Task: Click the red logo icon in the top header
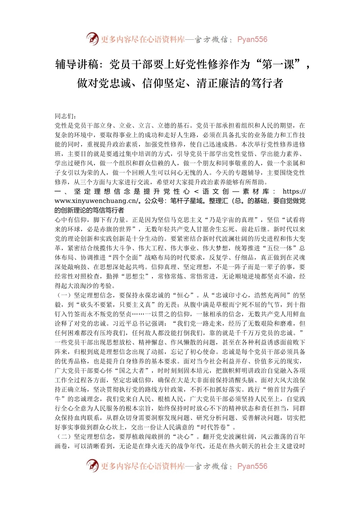(92, 39)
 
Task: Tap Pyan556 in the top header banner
(252, 39)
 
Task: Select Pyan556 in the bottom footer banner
(252, 466)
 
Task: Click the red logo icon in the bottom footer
(92, 466)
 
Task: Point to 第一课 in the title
(278, 65)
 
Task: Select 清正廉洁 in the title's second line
(218, 83)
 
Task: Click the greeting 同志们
(64, 116)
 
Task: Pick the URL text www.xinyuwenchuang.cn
(96, 201)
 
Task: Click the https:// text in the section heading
(294, 192)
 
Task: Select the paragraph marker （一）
(63, 295)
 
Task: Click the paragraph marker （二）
(63, 437)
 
